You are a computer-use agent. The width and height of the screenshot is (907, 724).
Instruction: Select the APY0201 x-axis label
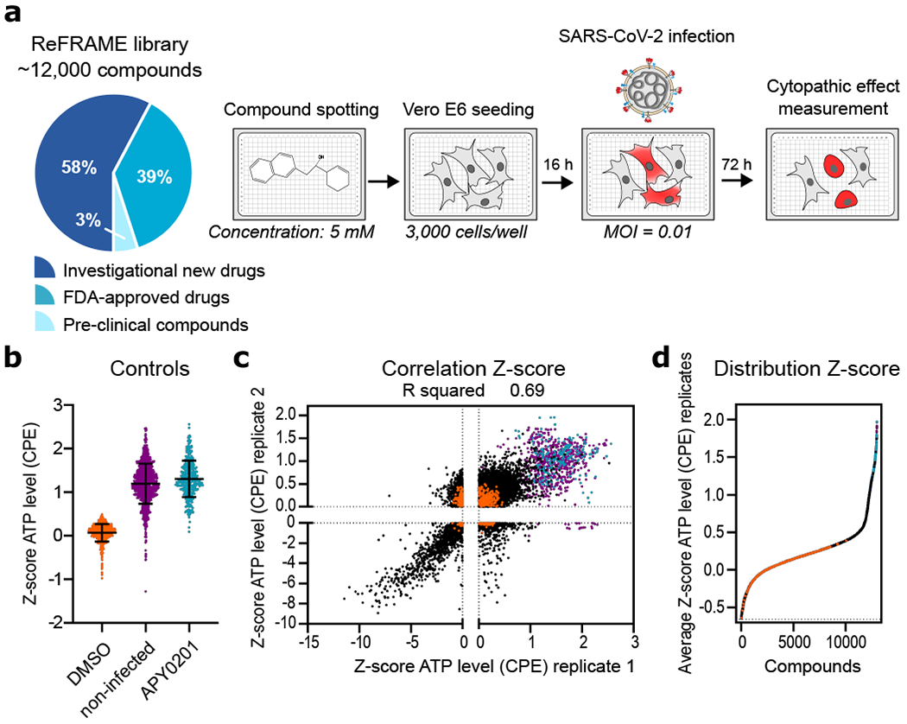[x=173, y=665]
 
